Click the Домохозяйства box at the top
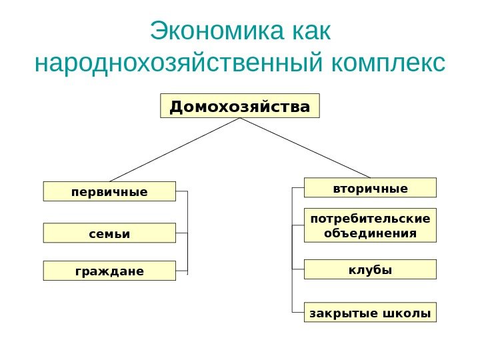tap(240, 106)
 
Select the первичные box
tap(109, 191)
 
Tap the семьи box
tap(109, 233)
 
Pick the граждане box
tap(109, 271)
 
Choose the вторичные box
tap(370, 188)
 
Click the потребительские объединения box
tap(370, 225)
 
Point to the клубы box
tap(370, 269)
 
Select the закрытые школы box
tap(370, 312)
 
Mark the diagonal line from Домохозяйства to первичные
tap(175, 150)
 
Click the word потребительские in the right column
tap(370, 218)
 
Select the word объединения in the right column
tap(370, 233)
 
